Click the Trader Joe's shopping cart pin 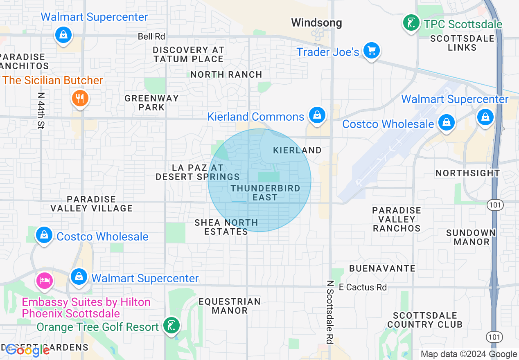pos(371,51)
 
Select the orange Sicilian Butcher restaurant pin pos(80,98)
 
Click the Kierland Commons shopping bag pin pos(317,115)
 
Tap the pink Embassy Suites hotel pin pos(45,280)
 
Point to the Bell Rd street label pos(151,36)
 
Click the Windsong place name pos(316,22)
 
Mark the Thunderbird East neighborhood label pos(265,193)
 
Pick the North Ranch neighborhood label pos(226,74)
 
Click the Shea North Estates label pos(226,227)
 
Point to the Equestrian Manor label pos(230,306)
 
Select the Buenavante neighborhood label pos(382,268)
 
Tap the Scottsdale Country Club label pos(425,320)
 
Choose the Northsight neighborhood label pos(467,173)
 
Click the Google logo pos(27,350)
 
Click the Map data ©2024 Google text pos(469,354)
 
